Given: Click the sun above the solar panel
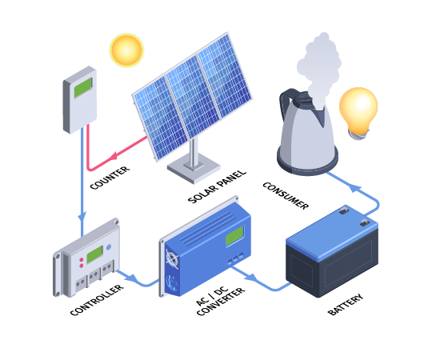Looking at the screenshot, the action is (x=126, y=50).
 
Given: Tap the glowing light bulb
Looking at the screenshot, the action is (x=358, y=113).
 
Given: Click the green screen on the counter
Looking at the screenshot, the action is (x=83, y=87).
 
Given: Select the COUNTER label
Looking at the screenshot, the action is (x=110, y=178).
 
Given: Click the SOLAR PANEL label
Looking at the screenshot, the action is (x=217, y=186).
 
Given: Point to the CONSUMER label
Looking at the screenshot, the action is (x=286, y=195).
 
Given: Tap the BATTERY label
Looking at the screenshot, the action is (x=346, y=305).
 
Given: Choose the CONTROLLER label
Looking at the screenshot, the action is (x=97, y=300).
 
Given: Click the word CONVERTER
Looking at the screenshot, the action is (x=221, y=302).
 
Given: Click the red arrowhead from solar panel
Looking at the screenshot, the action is (x=114, y=156).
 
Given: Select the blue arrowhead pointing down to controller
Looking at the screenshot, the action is (x=82, y=217).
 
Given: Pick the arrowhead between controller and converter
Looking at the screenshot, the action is (x=132, y=278).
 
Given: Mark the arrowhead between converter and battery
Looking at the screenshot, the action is (x=251, y=278).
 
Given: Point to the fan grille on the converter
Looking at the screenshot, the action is (x=172, y=258).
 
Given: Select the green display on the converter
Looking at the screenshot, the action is (x=234, y=236).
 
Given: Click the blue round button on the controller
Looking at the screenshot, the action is (x=109, y=247).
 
